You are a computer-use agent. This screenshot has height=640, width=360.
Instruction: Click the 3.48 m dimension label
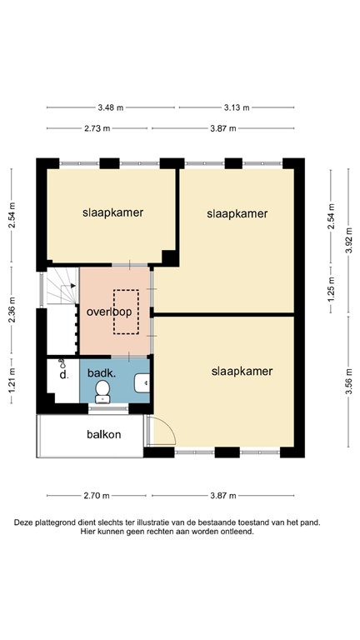(x=111, y=107)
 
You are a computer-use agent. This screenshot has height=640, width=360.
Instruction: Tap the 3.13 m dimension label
(x=237, y=107)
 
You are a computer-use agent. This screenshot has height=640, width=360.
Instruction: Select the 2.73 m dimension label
(x=97, y=128)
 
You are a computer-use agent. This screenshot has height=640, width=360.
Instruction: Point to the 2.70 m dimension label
(x=97, y=496)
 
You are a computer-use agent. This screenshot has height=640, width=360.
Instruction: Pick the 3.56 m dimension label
(x=349, y=381)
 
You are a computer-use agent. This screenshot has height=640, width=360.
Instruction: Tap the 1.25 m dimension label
(x=331, y=289)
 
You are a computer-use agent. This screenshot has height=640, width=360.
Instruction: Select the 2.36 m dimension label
(x=12, y=310)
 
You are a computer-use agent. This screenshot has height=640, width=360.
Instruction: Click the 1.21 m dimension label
(x=12, y=381)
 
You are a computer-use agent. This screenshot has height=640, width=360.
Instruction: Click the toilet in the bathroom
(x=102, y=392)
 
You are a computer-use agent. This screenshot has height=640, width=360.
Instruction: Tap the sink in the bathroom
(x=142, y=382)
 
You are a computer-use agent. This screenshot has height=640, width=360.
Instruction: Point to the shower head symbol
(x=62, y=362)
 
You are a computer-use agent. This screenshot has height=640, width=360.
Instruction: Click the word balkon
(x=104, y=435)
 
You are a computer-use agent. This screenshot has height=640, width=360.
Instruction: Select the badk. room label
(x=100, y=372)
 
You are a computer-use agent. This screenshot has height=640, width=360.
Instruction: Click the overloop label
(x=109, y=312)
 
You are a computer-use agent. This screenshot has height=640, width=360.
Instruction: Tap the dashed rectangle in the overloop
(x=126, y=312)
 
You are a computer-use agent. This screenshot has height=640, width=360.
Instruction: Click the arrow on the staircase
(x=73, y=286)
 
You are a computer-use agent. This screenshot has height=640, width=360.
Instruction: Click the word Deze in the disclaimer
(x=23, y=522)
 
